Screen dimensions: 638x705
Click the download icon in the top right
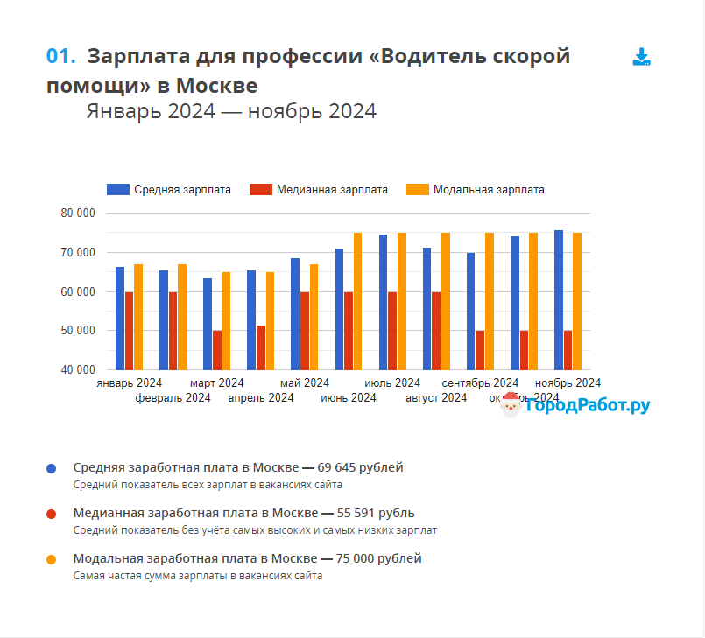(x=641, y=58)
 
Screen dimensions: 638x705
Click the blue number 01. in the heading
(x=61, y=56)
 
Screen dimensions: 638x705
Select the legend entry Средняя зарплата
(x=169, y=189)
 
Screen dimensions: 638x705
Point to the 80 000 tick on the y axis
(x=78, y=214)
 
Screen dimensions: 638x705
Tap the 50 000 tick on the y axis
(x=78, y=331)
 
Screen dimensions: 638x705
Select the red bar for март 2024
(x=217, y=350)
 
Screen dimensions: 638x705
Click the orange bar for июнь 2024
(x=357, y=301)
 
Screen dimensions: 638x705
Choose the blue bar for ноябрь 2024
(x=559, y=300)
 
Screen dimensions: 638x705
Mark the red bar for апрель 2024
(x=261, y=347)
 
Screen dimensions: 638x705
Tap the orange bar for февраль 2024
(x=182, y=317)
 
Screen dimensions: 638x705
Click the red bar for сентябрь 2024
(x=480, y=350)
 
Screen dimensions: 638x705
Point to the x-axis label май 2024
(x=305, y=383)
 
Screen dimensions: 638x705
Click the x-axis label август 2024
(x=436, y=398)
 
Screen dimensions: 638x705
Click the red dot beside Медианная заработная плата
(x=52, y=514)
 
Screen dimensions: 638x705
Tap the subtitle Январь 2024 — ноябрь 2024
(x=231, y=111)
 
